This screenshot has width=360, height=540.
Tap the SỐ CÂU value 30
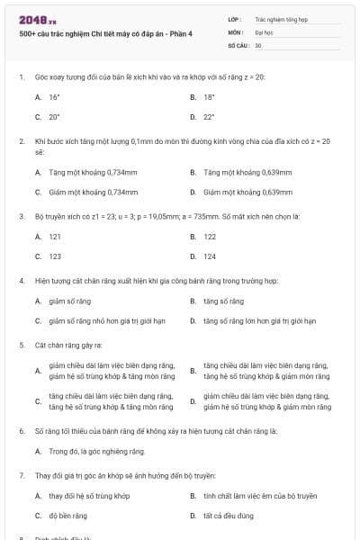tap(258, 45)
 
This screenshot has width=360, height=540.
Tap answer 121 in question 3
tap(55, 236)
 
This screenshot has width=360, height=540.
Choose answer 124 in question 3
tap(210, 256)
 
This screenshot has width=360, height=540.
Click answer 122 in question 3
tap(210, 236)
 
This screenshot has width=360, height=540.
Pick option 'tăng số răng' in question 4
tap(223, 301)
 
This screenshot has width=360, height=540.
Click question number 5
tap(21, 345)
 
